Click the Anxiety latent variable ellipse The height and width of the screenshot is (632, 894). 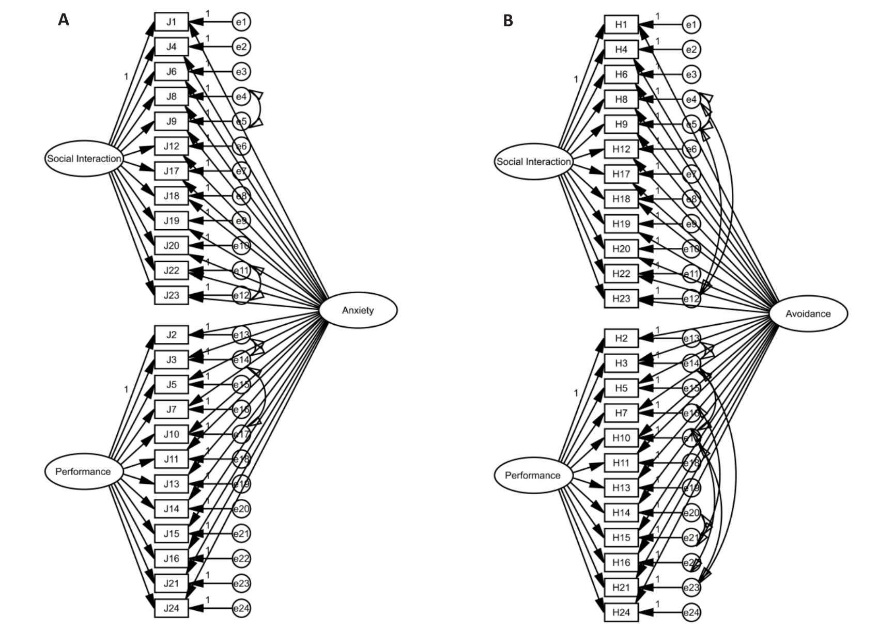[358, 310]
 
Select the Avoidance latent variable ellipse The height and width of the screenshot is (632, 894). [808, 314]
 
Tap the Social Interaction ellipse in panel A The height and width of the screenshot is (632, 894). [84, 159]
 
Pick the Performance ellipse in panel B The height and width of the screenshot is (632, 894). [533, 476]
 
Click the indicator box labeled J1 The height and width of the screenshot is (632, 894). [171, 22]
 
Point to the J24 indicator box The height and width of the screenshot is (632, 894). [171, 608]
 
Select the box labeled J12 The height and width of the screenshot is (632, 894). [171, 146]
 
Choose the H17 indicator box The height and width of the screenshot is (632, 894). [621, 174]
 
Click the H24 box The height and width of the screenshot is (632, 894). [621, 612]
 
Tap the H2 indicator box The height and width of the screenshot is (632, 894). [621, 339]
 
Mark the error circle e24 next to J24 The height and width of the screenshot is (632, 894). [241, 608]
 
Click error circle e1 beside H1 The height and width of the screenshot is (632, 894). [691, 25]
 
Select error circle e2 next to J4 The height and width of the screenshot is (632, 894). [241, 47]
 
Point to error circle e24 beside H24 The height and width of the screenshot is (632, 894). [691, 613]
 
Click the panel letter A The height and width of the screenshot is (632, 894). [64, 20]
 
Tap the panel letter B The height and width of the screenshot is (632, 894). [508, 21]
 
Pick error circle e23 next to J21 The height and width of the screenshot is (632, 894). [241, 583]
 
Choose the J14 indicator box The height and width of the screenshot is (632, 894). [171, 509]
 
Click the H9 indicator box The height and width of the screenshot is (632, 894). [621, 124]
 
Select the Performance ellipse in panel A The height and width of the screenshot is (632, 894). [83, 471]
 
